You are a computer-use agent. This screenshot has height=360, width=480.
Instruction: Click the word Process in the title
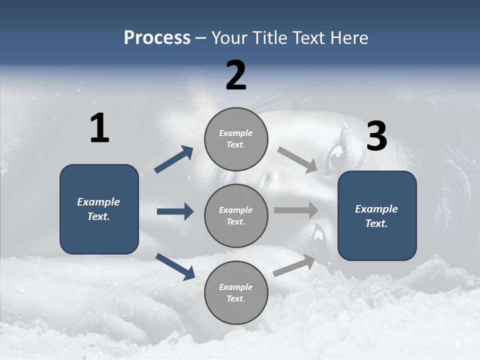pyautogui.click(x=157, y=38)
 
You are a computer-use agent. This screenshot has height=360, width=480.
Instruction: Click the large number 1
pyautogui.click(x=99, y=128)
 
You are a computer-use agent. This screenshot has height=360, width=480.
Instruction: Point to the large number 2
pyautogui.click(x=236, y=75)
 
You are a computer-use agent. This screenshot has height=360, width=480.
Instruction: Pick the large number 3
pyautogui.click(x=376, y=136)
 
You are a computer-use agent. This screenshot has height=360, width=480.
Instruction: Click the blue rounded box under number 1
pyautogui.click(x=99, y=209)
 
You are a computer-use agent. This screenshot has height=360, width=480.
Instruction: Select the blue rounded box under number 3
pyautogui.click(x=377, y=216)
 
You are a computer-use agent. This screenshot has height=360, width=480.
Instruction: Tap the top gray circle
pyautogui.click(x=236, y=139)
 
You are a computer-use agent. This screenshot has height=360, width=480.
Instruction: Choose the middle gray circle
pyautogui.click(x=236, y=216)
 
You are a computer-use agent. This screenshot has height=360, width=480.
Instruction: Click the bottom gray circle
pyautogui.click(x=236, y=293)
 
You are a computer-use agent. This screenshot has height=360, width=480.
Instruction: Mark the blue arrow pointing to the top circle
pyautogui.click(x=173, y=159)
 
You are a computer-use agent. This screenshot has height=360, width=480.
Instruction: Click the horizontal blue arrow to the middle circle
pyautogui.click(x=175, y=211)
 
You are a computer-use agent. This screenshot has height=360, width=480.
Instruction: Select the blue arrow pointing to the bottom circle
pyautogui.click(x=175, y=266)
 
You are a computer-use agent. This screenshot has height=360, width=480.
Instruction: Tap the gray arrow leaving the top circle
pyautogui.click(x=297, y=159)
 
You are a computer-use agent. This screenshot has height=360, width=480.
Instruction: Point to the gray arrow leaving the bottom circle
pyautogui.click(x=294, y=265)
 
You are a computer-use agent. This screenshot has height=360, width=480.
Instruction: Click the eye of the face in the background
pyautogui.click(x=334, y=161)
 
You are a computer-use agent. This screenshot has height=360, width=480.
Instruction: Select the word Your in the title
pyautogui.click(x=228, y=38)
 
